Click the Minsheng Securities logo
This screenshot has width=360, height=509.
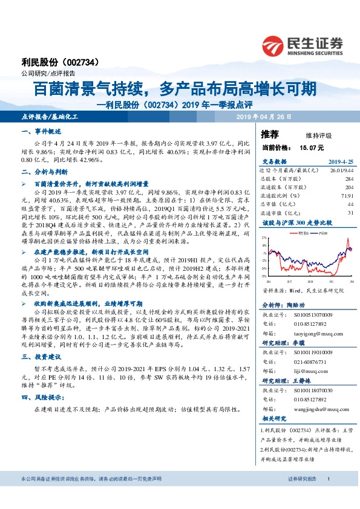click(302, 45)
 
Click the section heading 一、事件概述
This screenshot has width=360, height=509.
click(41, 131)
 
